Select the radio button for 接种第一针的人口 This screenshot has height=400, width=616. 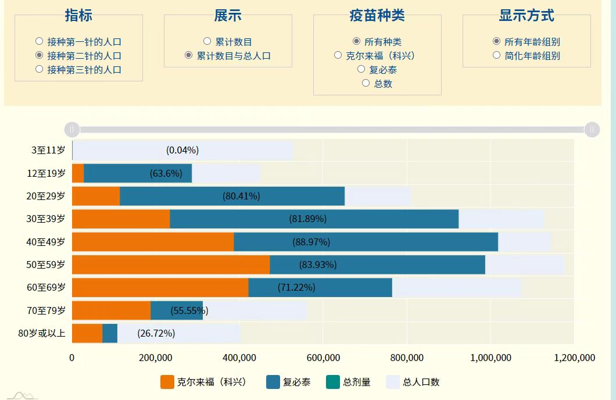coord(39,41)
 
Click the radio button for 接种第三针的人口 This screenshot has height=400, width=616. coord(39,69)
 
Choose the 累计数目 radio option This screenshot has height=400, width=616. coord(207,41)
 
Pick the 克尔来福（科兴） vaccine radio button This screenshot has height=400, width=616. coord(338,55)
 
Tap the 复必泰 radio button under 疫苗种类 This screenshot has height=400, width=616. coord(361,69)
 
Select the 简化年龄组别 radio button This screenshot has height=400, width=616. coord(496,55)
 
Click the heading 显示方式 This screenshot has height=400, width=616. coord(526,16)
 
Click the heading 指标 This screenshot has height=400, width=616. coord(78,16)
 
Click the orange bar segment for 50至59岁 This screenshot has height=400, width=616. coord(171,265)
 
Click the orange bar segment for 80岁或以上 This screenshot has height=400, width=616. coord(87,333)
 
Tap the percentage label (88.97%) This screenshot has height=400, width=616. coord(311,242)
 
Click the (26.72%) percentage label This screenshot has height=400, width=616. coord(156,333)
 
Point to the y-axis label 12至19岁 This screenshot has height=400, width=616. coord(46,173)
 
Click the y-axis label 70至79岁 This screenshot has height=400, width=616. coord(46,310)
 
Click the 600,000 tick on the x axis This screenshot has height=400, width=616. coord(323,357)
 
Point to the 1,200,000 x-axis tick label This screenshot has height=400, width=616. coord(574,357)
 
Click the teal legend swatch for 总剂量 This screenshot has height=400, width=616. coord(334,382)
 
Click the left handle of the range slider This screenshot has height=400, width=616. coord(71,129)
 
